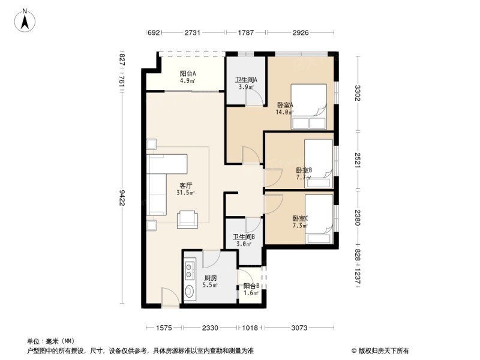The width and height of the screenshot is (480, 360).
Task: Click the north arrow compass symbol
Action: tap(25, 20)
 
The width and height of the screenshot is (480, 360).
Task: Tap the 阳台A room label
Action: tap(188, 73)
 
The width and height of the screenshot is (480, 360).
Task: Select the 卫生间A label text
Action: tap(246, 80)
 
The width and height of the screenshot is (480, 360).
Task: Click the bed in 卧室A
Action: tap(308, 107)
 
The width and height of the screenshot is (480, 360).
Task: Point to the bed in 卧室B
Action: tap(319, 163)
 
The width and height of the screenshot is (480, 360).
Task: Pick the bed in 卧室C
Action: tap(319, 220)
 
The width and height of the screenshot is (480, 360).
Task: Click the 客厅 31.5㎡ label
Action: tap(185, 189)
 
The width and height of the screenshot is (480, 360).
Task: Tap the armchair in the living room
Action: tap(187, 219)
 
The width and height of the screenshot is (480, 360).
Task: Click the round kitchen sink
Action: tap(190, 291)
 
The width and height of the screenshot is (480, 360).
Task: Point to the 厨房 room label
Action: tap(211, 278)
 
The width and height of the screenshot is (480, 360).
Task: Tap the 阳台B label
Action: tap(251, 286)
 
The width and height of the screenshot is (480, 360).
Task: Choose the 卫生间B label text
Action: tap(244, 236)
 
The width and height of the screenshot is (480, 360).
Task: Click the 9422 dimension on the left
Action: tap(122, 197)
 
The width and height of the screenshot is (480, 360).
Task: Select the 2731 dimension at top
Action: tap(192, 32)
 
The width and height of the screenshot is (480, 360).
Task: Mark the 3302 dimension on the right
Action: tap(358, 93)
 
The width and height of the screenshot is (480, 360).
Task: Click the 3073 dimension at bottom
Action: tap(299, 328)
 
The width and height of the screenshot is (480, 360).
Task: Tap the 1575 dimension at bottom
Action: tap(164, 328)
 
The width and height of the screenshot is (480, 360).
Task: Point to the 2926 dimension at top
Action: tap(301, 32)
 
